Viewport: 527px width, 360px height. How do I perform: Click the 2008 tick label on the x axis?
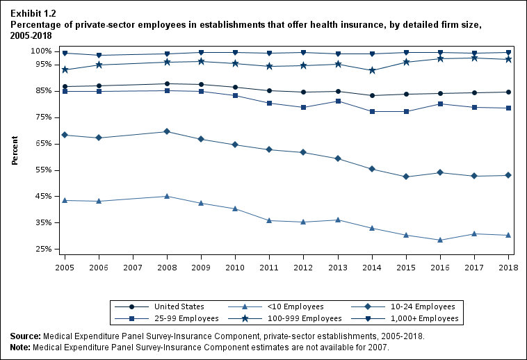point(165,267)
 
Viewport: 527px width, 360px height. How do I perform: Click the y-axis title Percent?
point(15,150)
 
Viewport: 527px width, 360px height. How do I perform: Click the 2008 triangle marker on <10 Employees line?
point(166,196)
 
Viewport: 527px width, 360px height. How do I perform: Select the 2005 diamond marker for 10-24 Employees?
point(65,135)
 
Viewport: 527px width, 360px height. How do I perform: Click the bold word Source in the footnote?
point(25,336)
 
